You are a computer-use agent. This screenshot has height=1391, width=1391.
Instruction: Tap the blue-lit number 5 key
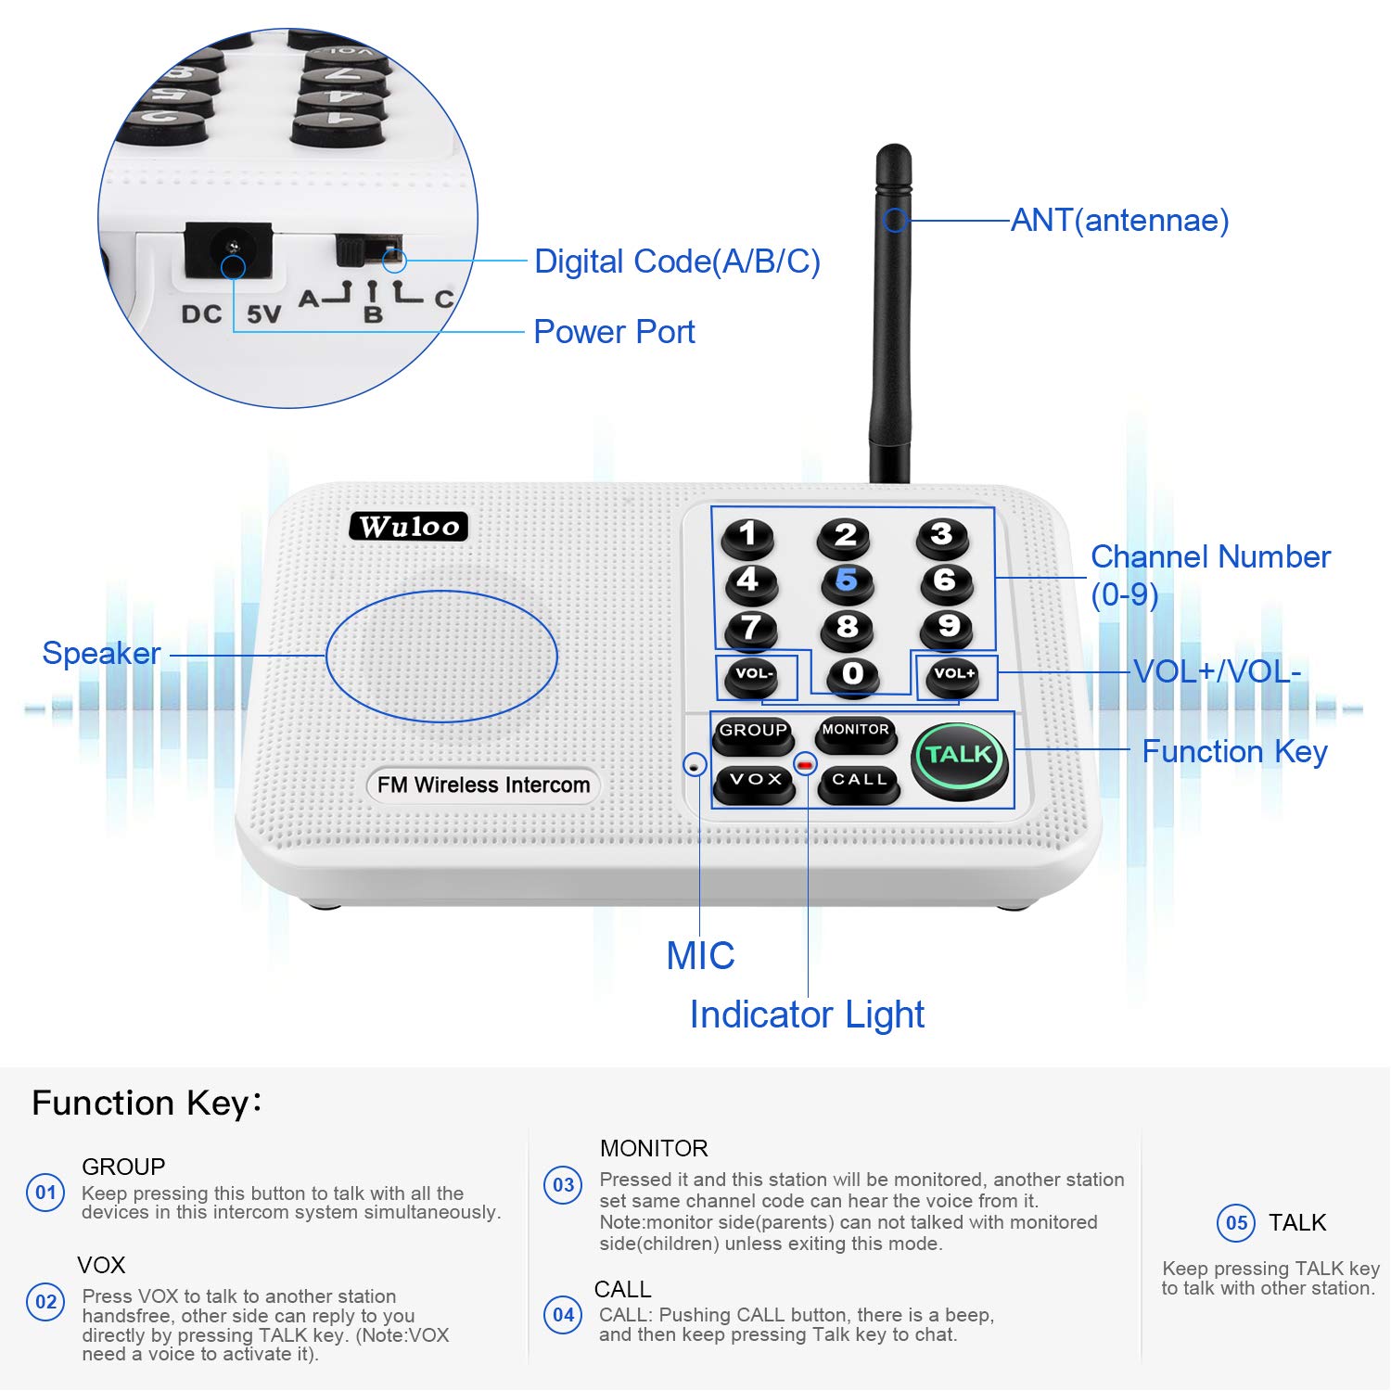(x=846, y=581)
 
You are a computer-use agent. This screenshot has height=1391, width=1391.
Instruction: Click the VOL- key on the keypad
(x=753, y=675)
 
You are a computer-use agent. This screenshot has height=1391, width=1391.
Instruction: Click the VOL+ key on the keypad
(x=954, y=675)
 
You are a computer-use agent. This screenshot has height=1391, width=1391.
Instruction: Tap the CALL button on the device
(x=859, y=782)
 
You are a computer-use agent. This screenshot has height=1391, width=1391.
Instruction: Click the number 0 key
(x=852, y=675)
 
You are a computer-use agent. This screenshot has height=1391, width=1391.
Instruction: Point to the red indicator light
(x=805, y=765)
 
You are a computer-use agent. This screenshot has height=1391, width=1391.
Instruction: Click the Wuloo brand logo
(x=409, y=527)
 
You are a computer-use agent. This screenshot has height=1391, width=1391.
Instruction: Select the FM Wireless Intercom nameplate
(x=483, y=785)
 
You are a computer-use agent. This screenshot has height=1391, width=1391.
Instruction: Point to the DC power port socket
(x=230, y=250)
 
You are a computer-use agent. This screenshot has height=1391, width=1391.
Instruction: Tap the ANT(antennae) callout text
(x=1119, y=221)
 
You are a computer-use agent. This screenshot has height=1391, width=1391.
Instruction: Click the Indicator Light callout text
(x=807, y=1015)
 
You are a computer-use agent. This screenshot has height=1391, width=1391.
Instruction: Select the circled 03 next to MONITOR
(x=563, y=1185)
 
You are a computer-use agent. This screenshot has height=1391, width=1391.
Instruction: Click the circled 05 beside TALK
(x=1236, y=1223)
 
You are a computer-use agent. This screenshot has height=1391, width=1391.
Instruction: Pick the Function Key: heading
(x=147, y=1104)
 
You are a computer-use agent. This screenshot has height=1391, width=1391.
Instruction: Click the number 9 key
(x=947, y=628)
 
